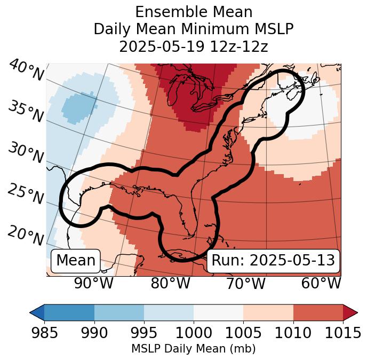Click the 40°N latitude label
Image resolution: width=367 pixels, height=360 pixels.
pyautogui.click(x=26, y=71)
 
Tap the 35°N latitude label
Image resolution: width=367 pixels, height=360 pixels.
pyautogui.click(x=26, y=111)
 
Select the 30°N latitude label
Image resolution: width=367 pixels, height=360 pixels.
pyautogui.click(x=26, y=153)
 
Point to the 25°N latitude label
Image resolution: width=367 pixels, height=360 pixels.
pyautogui.click(x=26, y=195)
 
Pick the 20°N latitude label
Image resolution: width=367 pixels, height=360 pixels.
pyautogui.click(x=26, y=236)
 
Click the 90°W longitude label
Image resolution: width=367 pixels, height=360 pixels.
pyautogui.click(x=94, y=283)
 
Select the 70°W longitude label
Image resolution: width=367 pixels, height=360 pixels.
pyautogui.click(x=245, y=283)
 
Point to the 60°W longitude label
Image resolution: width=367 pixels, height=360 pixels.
pyautogui.click(x=321, y=283)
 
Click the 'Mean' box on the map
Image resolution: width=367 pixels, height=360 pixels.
pyautogui.click(x=76, y=261)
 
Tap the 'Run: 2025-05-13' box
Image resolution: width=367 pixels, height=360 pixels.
pyautogui.click(x=273, y=261)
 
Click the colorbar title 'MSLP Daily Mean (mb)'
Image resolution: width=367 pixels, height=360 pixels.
pyautogui.click(x=194, y=349)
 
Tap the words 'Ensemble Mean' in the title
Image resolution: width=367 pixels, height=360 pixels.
pyautogui.click(x=194, y=12)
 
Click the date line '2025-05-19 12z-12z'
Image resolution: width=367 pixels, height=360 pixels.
pyautogui.click(x=194, y=46)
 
